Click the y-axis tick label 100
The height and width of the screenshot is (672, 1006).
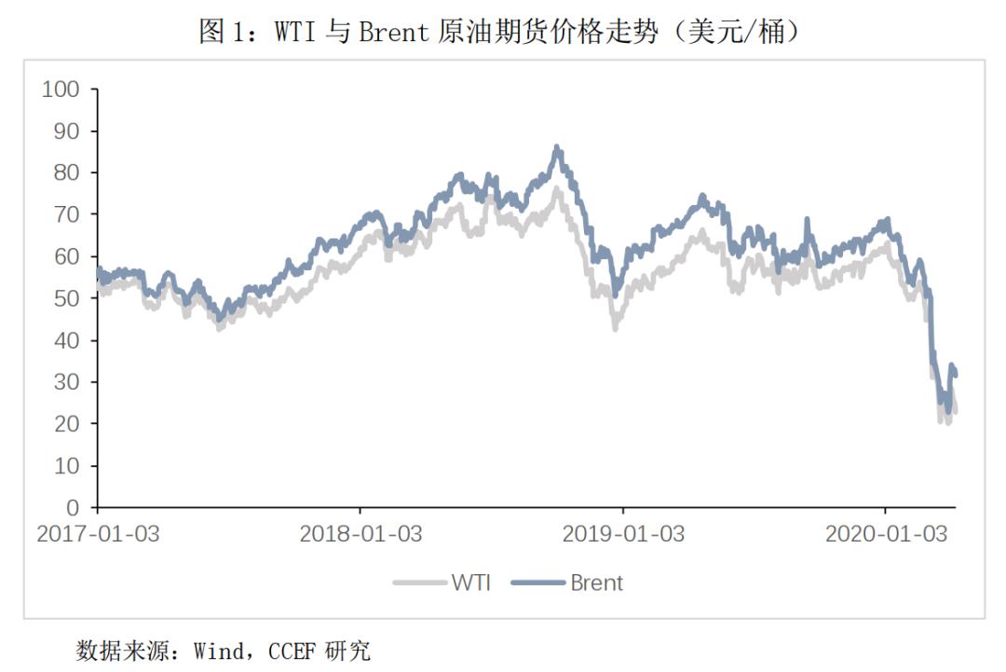click(62, 89)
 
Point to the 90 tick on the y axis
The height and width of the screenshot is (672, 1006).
click(68, 131)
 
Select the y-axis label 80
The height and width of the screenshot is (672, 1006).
click(68, 173)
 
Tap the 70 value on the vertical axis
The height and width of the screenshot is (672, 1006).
click(68, 215)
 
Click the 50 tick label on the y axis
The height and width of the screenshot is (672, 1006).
click(68, 298)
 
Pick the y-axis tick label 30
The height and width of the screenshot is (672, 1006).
click(68, 382)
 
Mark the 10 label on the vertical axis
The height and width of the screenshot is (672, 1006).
click(68, 466)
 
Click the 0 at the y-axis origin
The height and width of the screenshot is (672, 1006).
click(74, 508)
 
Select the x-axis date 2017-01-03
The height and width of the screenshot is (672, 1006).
click(98, 534)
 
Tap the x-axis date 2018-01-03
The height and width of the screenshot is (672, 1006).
click(360, 534)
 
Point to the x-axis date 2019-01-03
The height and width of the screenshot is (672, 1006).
click(623, 534)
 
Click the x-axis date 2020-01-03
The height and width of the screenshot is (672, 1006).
click(886, 534)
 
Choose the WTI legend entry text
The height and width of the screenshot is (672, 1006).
click(471, 583)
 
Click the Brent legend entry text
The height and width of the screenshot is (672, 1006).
click(596, 583)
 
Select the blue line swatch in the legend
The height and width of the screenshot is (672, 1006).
click(539, 583)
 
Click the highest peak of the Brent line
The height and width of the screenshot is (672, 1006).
click(557, 147)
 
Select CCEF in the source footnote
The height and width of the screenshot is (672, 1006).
click(293, 650)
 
